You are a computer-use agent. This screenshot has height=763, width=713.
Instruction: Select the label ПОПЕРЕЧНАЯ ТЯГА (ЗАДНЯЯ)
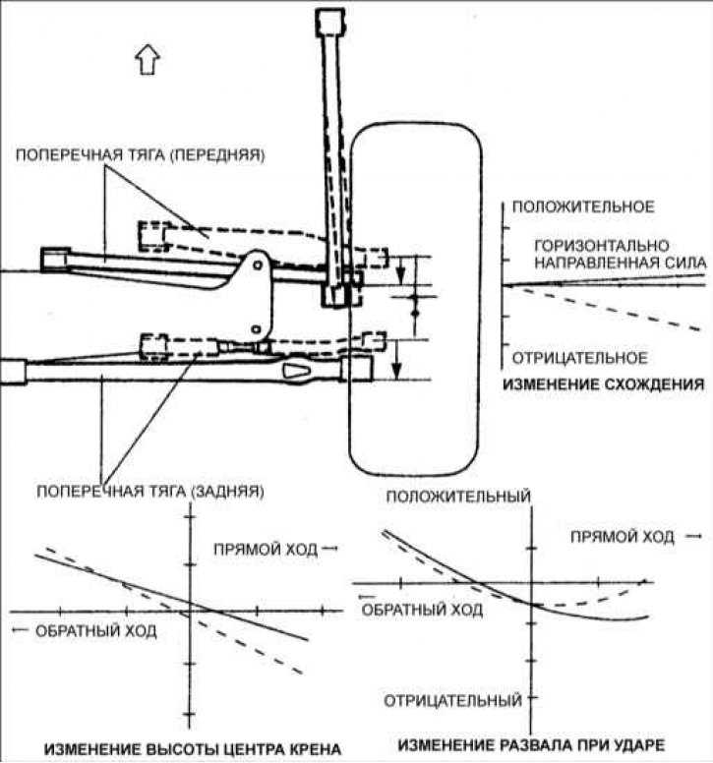[x=149, y=490]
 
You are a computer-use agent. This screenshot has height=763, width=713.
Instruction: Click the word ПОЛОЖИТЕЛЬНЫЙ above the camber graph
[x=459, y=497]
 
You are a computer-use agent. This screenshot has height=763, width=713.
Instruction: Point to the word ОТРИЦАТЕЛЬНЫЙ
[x=452, y=701]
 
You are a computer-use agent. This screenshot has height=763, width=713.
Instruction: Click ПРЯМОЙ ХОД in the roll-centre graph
[x=269, y=549]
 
